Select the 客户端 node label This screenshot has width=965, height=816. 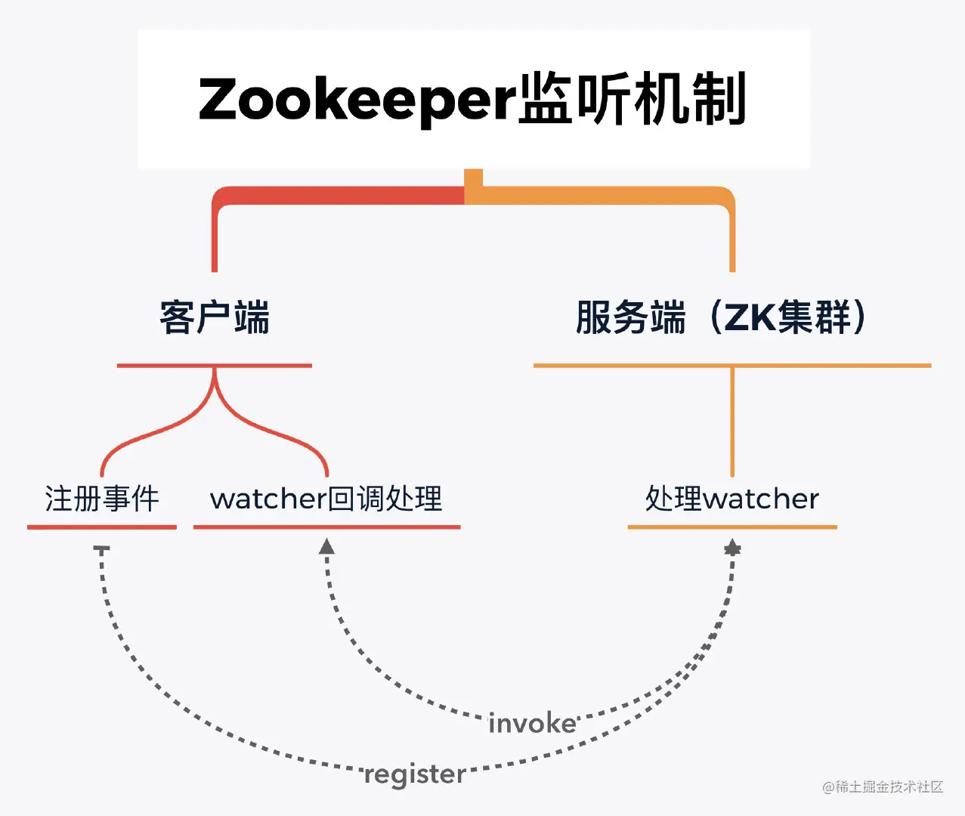pos(215,317)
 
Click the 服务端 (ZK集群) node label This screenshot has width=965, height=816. pos(721,317)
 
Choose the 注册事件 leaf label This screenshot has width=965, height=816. pos(102,499)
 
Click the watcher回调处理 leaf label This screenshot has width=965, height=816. pos(326,499)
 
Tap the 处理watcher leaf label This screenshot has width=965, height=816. pos(731,499)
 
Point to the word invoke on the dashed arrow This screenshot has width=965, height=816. pos(532,724)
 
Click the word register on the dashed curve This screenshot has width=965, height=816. pos(415,774)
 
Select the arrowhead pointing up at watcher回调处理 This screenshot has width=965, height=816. pos(326,546)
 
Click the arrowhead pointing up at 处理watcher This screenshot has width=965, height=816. pos(732,548)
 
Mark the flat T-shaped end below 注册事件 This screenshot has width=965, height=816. pos(102,549)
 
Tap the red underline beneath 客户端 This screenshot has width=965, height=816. pos(215,366)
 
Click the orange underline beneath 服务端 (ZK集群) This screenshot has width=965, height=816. pos(731,366)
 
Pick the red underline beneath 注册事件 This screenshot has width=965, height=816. pos(102,527)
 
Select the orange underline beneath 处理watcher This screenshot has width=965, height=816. pos(731,527)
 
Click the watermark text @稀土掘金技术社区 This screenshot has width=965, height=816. pos(883,787)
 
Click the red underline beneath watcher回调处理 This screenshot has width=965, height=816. pos(326,527)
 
